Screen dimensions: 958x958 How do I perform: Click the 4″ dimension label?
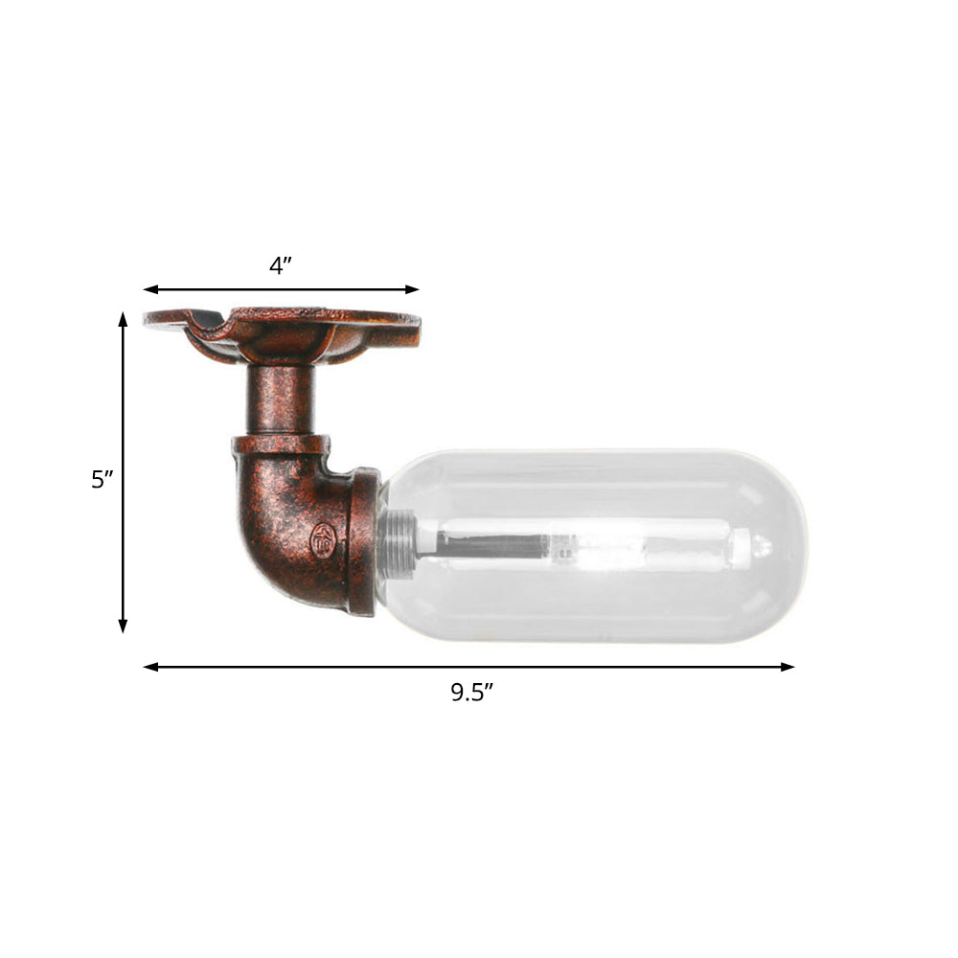pyautogui.click(x=280, y=265)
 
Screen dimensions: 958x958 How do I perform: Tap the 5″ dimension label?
pyautogui.click(x=103, y=479)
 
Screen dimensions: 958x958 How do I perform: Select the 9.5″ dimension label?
pyautogui.click(x=471, y=693)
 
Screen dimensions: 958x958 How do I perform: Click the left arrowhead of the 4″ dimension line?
pyautogui.click(x=149, y=289)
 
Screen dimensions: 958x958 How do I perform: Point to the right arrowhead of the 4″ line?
pyautogui.click(x=413, y=289)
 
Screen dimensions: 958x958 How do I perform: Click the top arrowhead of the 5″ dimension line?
pyautogui.click(x=123, y=318)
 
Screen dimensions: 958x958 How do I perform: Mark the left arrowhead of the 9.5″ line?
pyautogui.click(x=149, y=667)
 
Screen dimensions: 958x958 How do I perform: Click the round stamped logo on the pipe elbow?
pyautogui.click(x=324, y=540)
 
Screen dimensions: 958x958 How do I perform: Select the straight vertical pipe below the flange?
pyautogui.click(x=281, y=400)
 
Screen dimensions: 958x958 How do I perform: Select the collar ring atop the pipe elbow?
pyautogui.click(x=280, y=446)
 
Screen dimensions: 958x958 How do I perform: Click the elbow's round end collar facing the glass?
pyautogui.click(x=364, y=541)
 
